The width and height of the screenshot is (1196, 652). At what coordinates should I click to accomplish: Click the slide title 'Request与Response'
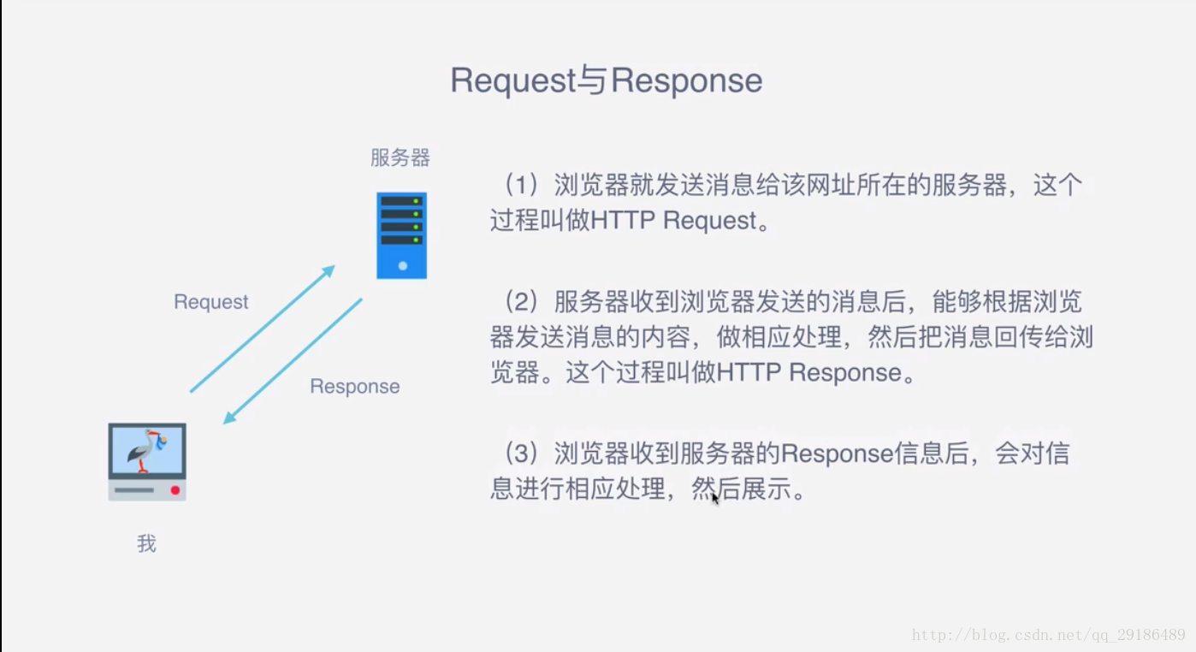[607, 80]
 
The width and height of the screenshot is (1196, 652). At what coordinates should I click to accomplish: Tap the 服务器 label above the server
[400, 157]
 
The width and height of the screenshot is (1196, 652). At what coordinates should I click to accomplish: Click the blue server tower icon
[401, 235]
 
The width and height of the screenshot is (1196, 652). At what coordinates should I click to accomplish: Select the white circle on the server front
[403, 266]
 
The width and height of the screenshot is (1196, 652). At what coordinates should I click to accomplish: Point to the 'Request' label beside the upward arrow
[211, 302]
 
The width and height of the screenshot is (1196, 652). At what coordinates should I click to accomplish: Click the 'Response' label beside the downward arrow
[354, 386]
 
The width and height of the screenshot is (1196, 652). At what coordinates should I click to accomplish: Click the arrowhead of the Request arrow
[328, 270]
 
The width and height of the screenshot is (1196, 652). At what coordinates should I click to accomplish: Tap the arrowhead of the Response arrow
[230, 417]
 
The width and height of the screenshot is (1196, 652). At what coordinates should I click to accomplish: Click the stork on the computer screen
[146, 450]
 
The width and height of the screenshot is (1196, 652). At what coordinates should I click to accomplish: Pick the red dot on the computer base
[175, 490]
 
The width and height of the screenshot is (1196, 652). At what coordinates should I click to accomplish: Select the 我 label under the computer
[146, 543]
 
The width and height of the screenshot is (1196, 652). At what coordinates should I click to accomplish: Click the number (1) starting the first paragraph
[521, 186]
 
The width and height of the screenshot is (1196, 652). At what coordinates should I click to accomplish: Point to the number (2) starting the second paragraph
[521, 302]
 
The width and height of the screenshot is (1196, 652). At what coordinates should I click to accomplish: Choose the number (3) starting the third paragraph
[521, 453]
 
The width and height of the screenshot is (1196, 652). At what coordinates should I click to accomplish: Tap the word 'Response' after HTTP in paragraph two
[845, 372]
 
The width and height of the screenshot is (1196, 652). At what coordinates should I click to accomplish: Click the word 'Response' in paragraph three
[838, 453]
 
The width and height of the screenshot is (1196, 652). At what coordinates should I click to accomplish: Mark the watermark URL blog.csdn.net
[1048, 635]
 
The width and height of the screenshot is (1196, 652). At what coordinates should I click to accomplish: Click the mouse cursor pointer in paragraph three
[715, 498]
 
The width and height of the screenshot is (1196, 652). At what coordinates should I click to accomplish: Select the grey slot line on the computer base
[134, 490]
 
